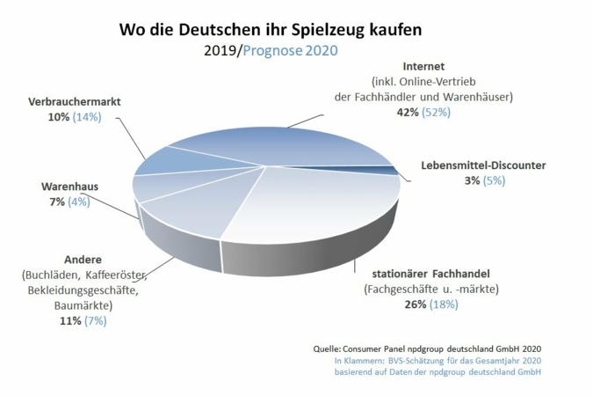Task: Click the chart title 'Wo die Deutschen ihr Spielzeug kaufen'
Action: (271, 29)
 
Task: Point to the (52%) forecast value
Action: (437, 113)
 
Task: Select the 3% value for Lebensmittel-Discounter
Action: (469, 180)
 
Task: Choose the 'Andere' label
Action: (83, 260)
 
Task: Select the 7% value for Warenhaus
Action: (57, 202)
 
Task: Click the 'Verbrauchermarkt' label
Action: (75, 101)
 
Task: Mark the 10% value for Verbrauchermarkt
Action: (59, 117)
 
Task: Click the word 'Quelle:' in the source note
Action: (329, 348)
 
